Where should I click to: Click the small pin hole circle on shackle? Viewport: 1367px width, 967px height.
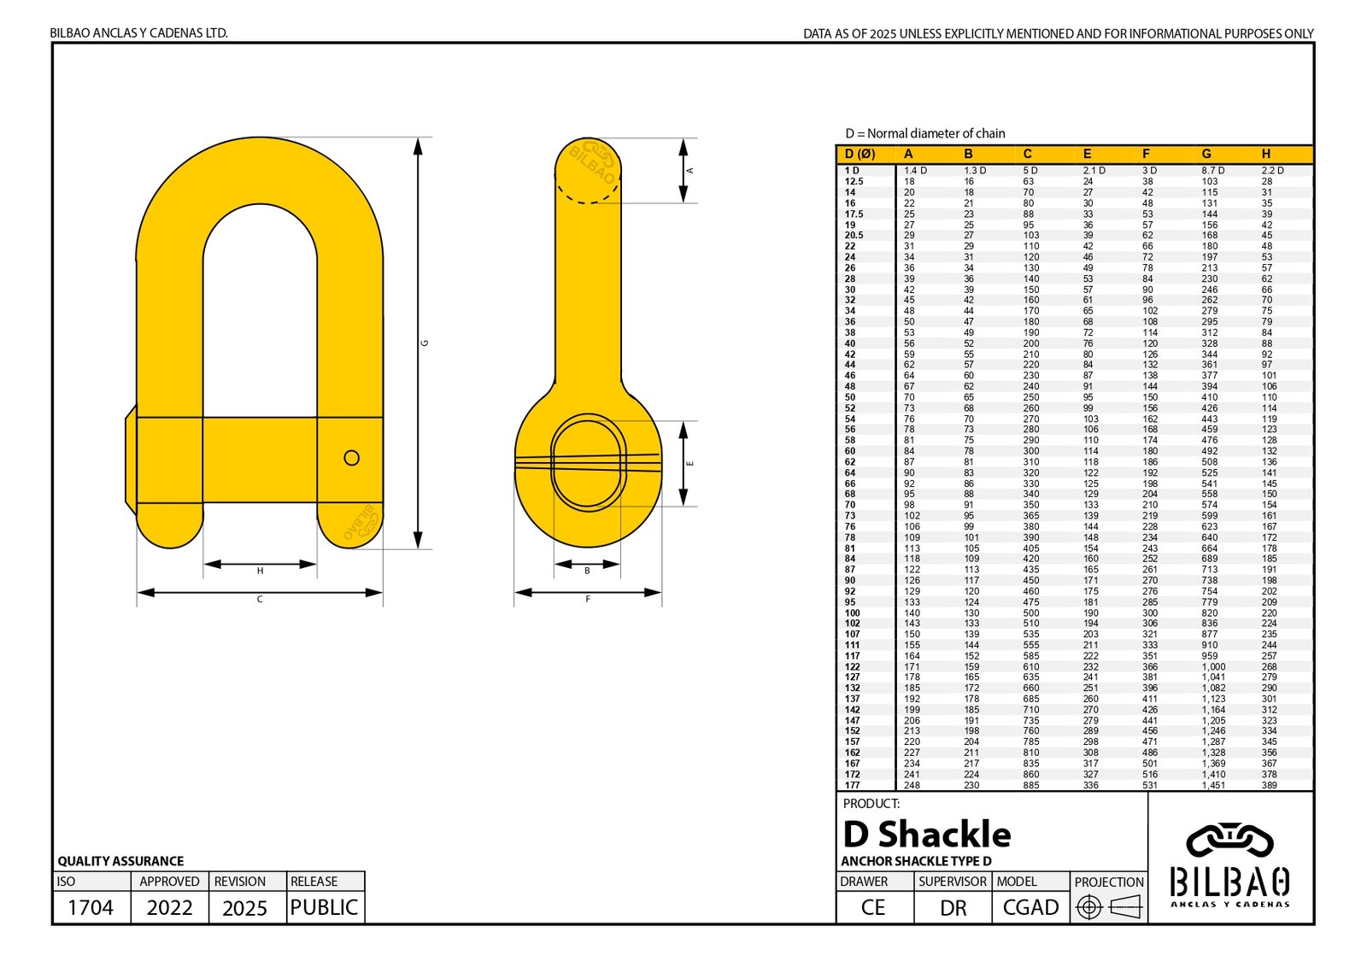click(x=351, y=458)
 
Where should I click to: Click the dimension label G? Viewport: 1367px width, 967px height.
click(x=425, y=343)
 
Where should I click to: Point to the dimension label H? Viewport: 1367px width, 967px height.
click(x=260, y=571)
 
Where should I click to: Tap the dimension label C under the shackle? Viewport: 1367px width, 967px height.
click(x=260, y=600)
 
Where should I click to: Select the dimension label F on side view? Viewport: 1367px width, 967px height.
click(x=588, y=600)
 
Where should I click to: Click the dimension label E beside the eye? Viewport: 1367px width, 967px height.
click(x=690, y=464)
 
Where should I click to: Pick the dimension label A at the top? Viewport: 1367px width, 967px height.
click(x=690, y=171)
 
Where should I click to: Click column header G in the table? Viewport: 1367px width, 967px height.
click(x=1206, y=154)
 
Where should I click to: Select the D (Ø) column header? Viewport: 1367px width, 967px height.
click(x=860, y=154)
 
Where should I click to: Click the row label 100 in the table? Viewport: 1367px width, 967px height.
click(x=853, y=613)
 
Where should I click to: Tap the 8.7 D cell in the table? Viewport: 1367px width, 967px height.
click(x=1213, y=171)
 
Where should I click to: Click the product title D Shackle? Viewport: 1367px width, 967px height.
click(x=927, y=835)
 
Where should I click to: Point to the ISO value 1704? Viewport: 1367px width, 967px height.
click(x=91, y=907)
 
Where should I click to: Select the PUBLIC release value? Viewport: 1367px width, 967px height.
click(x=324, y=907)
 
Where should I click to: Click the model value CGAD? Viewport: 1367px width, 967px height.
click(x=1030, y=907)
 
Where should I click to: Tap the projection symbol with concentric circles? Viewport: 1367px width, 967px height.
click(x=1088, y=906)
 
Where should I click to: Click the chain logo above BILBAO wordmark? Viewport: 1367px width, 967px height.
click(x=1229, y=841)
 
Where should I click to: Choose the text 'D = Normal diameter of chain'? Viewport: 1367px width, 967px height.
click(x=925, y=133)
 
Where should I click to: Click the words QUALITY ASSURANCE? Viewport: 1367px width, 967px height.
click(x=120, y=861)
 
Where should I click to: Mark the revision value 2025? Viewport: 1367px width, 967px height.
click(x=245, y=907)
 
